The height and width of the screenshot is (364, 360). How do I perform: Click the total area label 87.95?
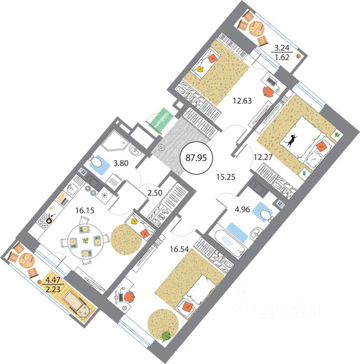click(196, 158)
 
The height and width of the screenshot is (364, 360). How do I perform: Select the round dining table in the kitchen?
click(86, 241)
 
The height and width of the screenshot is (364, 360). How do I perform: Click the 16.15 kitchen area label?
click(85, 210)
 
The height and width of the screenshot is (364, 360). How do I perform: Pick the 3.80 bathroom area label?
click(121, 163)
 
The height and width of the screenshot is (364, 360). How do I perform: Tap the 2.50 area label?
click(155, 192)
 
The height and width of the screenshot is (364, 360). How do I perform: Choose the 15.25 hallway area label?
click(226, 177)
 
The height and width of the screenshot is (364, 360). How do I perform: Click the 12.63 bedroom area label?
click(242, 101)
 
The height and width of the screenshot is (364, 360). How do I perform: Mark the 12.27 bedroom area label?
click(263, 157)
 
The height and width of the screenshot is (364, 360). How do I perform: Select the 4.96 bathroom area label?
click(242, 209)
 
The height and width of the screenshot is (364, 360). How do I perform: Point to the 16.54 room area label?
click(179, 249)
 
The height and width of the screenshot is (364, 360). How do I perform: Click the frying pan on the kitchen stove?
click(50, 220)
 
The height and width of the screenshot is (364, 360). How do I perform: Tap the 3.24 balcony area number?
click(282, 48)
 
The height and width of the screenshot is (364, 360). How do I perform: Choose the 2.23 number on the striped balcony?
click(53, 289)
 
